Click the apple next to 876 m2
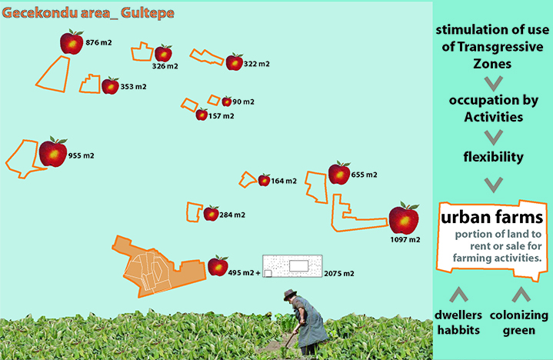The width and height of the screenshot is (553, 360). pyautogui.click(x=72, y=43)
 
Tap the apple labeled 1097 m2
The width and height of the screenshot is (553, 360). pyautogui.click(x=403, y=219)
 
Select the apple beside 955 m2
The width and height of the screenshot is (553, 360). pyautogui.click(x=53, y=152)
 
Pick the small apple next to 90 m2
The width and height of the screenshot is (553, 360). pyautogui.click(x=226, y=102)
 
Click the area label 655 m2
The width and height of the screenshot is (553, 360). pyautogui.click(x=365, y=175)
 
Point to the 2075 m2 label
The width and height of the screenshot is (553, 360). pyautogui.click(x=338, y=273)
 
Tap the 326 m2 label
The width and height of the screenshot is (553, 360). pyautogui.click(x=165, y=66)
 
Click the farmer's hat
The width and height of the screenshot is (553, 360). pyautogui.click(x=290, y=294)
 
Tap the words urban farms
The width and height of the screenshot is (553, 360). pyautogui.click(x=492, y=217)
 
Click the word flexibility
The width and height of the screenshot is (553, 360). pyautogui.click(x=493, y=157)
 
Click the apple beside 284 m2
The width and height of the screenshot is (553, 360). pyautogui.click(x=211, y=213)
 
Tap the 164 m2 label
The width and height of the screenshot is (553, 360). pyautogui.click(x=284, y=181)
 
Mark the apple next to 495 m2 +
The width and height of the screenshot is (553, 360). pyautogui.click(x=218, y=266)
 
